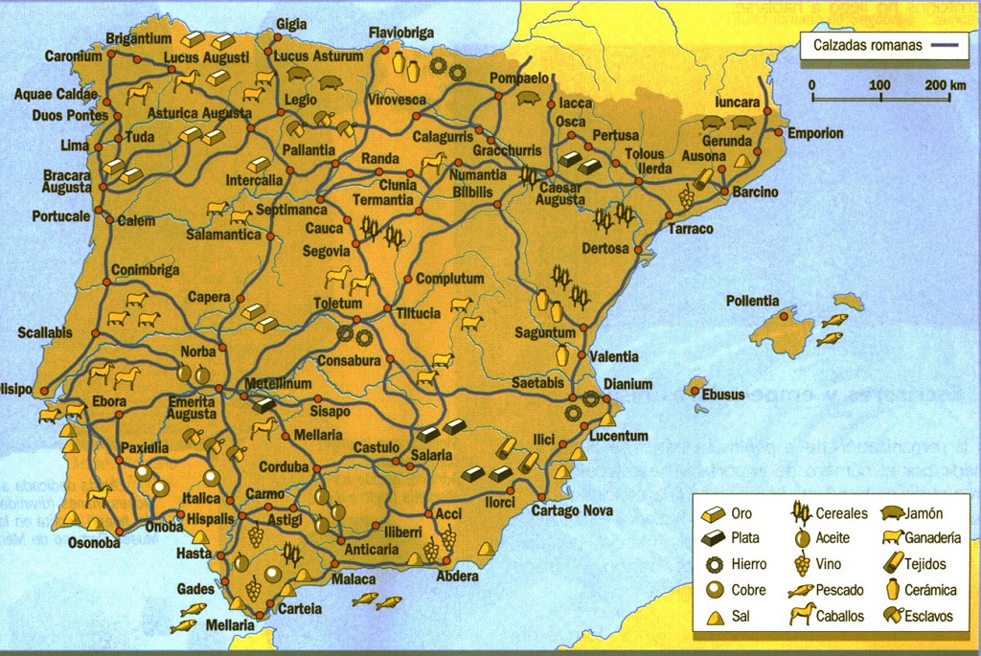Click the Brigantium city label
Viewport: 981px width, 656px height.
coord(139,39)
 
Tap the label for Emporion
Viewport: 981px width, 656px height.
coord(815,133)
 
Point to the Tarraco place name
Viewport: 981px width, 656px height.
coord(691,229)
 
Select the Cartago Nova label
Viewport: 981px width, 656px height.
coord(572,510)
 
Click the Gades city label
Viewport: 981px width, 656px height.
coord(196,589)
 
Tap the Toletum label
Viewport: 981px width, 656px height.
coord(337,304)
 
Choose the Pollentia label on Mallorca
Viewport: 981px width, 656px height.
coord(752,301)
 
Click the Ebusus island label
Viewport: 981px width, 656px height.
coord(723,394)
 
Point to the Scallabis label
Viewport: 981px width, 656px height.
coord(45,333)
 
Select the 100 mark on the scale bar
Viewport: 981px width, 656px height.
coord(878,85)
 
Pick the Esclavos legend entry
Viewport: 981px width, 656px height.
coord(926,616)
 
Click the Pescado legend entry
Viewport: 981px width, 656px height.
coord(839,590)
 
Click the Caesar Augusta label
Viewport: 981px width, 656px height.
coord(559,193)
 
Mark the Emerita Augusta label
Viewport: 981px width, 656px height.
coord(192,407)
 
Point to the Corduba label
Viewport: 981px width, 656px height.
coord(284,467)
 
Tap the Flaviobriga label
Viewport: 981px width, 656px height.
coord(401,34)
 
